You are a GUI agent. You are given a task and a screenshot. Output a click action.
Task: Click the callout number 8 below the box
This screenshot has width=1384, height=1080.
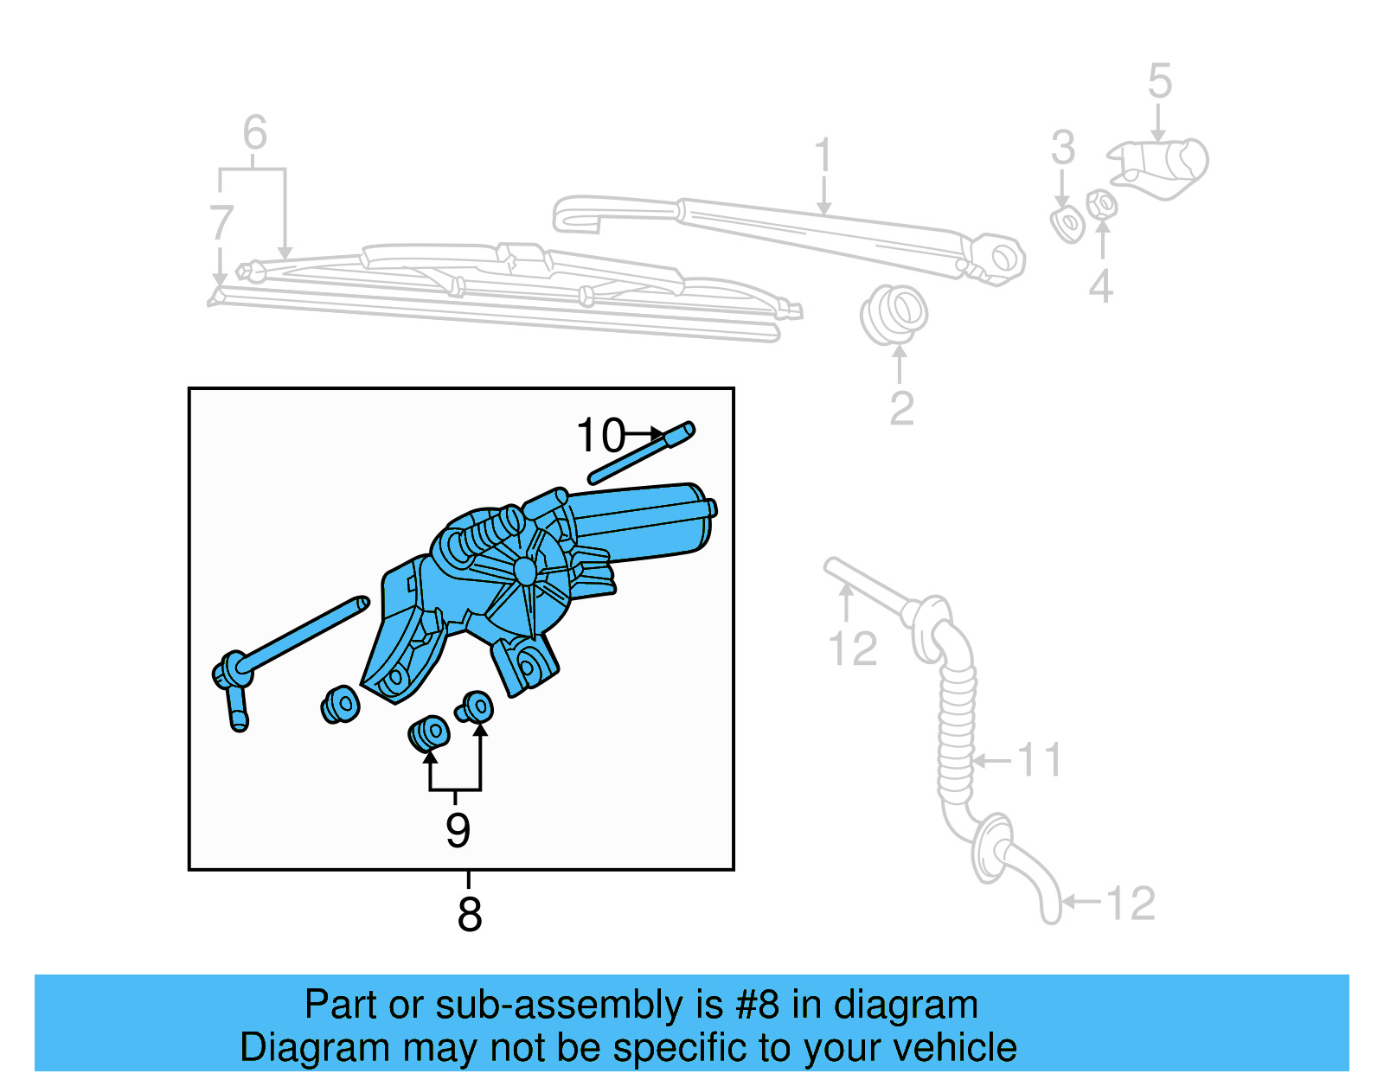[x=469, y=914]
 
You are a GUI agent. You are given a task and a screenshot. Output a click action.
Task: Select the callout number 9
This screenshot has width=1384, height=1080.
[x=458, y=830]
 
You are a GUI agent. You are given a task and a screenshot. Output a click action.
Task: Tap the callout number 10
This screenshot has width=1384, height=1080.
[x=599, y=436]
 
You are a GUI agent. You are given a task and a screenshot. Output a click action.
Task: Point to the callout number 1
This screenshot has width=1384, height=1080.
[x=823, y=156]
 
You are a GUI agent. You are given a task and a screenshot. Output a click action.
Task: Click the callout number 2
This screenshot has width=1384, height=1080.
[x=901, y=408]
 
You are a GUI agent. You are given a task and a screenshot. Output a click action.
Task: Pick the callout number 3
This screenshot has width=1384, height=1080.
[x=1063, y=148]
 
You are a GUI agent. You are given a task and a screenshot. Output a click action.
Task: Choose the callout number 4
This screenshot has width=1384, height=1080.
[x=1100, y=286]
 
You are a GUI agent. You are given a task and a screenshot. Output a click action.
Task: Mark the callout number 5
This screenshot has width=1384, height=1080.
[x=1160, y=81]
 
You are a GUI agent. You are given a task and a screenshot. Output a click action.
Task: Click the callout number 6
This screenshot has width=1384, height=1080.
[x=254, y=133]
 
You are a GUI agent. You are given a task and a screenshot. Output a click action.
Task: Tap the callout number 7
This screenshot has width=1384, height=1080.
[x=221, y=223]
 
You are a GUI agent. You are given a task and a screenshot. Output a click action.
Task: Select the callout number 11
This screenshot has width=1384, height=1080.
[x=1039, y=760]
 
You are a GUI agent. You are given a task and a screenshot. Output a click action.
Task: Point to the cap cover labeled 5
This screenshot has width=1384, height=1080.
[x=1163, y=166]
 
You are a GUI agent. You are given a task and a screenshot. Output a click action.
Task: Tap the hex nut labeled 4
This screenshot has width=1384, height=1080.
[x=1101, y=205]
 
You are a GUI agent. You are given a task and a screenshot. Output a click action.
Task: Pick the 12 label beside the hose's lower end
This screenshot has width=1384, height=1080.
[x=1131, y=904]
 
